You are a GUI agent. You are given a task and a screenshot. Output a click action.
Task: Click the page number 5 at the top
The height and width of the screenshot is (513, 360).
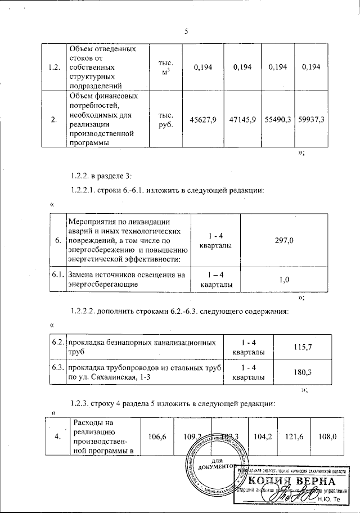tap(186, 31)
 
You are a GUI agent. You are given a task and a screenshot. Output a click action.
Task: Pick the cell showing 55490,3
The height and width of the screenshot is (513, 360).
tap(280, 120)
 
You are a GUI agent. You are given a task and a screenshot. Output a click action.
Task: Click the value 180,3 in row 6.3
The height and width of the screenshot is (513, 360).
tap(303, 371)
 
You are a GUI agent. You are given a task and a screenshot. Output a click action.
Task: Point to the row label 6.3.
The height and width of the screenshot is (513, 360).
tap(56, 367)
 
